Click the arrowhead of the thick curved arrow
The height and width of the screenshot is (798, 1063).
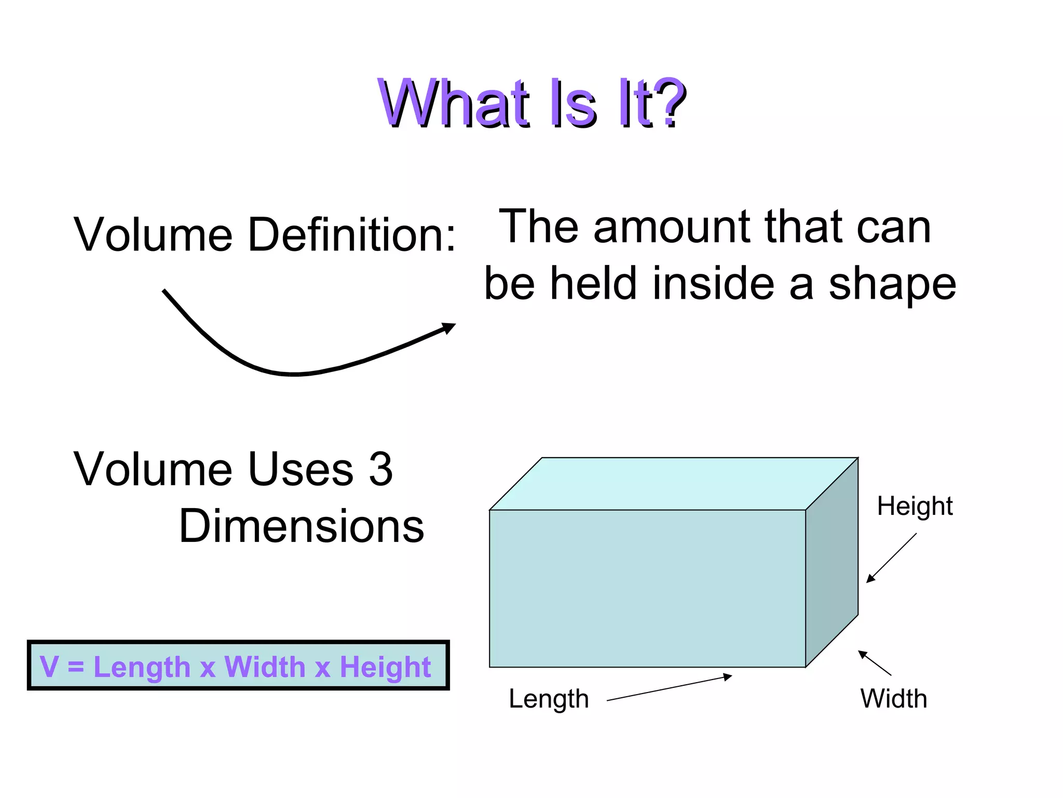coord(448,328)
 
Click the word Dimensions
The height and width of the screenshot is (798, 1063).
coord(302,526)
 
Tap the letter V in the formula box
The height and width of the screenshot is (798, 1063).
coord(49,667)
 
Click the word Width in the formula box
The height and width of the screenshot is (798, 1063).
coord(265,667)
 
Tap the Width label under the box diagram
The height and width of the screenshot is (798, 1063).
coord(893,699)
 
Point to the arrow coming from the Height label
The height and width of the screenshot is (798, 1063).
coord(891,558)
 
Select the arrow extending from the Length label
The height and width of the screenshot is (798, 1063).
coord(669,688)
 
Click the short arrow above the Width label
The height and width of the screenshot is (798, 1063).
coord(875,663)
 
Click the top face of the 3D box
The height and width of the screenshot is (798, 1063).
coord(674,484)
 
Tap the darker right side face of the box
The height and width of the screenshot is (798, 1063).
coord(832,563)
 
